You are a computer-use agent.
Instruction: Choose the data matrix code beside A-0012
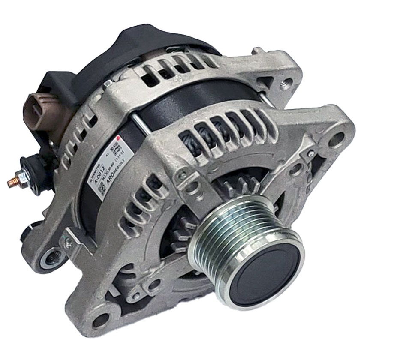click(102, 189)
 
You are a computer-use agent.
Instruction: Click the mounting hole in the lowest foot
click(100, 320)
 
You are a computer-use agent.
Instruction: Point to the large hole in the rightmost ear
click(337, 140)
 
